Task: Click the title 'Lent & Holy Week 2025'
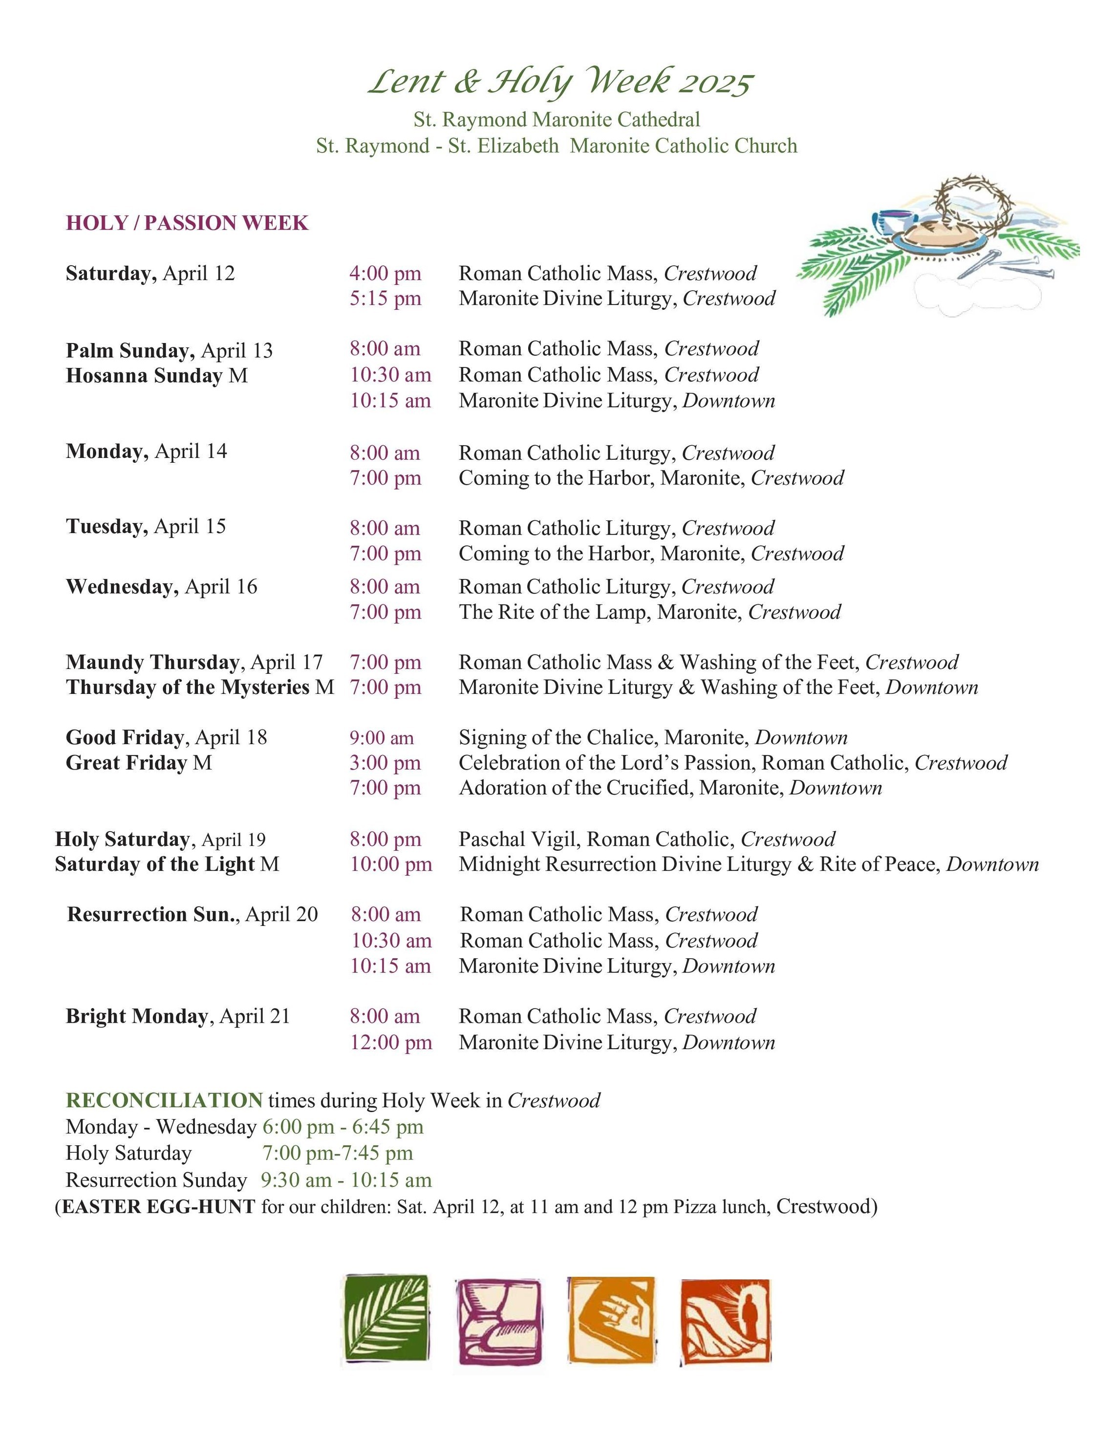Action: point(560,82)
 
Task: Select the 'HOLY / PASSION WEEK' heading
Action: point(187,223)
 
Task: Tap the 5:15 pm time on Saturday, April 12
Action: point(385,299)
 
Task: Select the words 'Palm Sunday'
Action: point(129,350)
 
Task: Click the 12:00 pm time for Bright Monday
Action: point(391,1043)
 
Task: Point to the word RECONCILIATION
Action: point(165,1100)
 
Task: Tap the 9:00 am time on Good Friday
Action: point(382,737)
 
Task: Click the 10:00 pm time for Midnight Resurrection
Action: point(391,864)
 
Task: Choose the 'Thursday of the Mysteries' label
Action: point(188,688)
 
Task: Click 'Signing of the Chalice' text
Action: point(558,737)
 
